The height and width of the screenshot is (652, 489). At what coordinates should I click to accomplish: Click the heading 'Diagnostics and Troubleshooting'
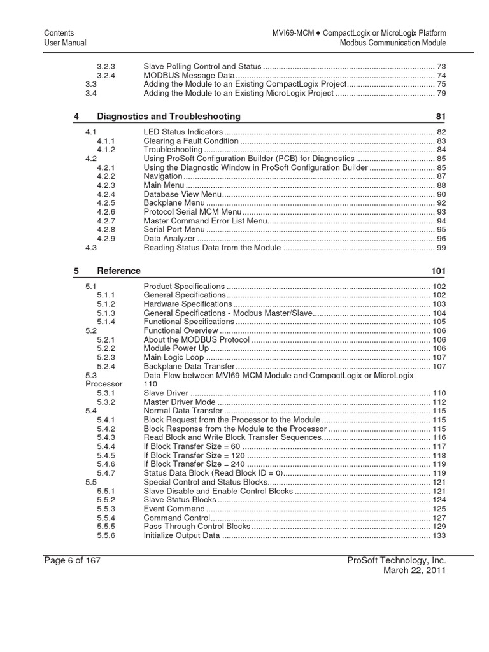coord(169,117)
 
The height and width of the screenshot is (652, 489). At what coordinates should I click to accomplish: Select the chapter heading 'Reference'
coord(118,271)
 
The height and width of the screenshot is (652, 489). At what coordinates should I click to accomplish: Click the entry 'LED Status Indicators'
coord(183,132)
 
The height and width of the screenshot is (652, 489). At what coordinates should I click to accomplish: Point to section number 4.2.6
coord(106,212)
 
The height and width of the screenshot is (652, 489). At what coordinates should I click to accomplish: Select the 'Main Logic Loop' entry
coord(174,358)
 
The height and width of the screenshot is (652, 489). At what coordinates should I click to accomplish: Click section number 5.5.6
coord(106,536)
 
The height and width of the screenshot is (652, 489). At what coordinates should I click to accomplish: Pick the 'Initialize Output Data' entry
coord(181,536)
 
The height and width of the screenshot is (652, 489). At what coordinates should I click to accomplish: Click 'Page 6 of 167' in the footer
coord(72,560)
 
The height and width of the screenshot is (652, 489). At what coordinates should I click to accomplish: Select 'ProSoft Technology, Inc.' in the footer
coord(397,560)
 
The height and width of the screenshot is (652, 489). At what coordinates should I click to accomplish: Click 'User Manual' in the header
coord(65,43)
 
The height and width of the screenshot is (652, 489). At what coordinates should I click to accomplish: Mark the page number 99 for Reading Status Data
coord(441,248)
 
